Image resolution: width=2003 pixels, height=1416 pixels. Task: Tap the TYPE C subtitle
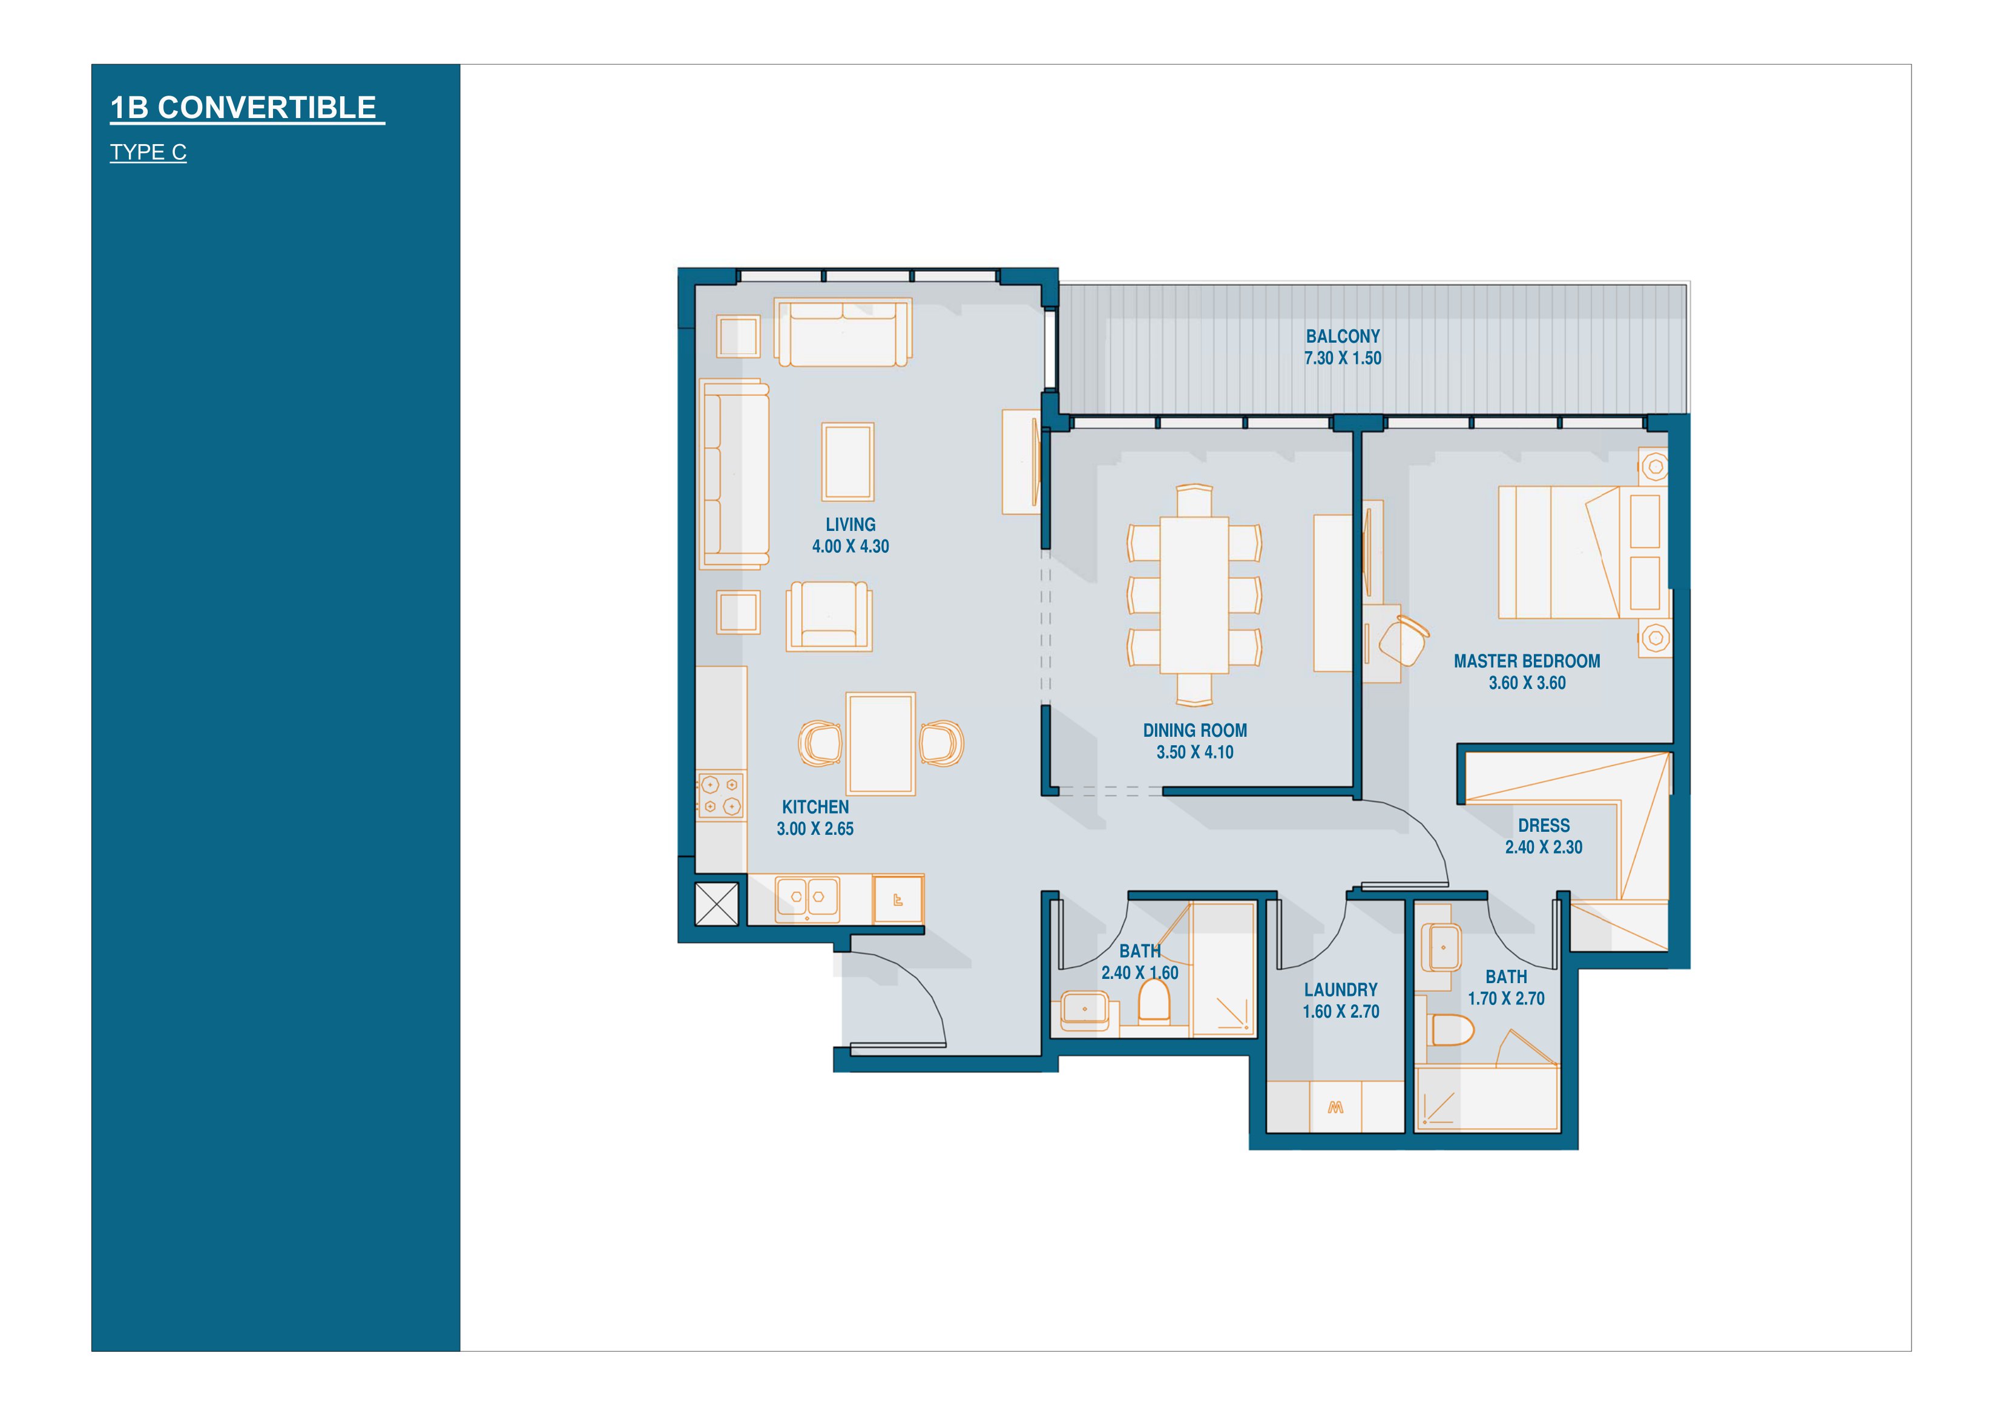[x=148, y=152]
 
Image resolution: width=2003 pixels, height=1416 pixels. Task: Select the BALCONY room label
[x=1343, y=336]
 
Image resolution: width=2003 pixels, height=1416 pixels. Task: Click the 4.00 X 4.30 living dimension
[x=850, y=546]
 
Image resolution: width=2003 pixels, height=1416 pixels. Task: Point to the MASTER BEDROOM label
[x=1527, y=661]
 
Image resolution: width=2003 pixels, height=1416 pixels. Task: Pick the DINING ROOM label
[x=1195, y=730]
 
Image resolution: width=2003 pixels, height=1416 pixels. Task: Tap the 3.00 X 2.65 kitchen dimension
[x=815, y=829]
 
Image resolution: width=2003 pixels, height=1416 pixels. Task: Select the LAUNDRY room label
[x=1341, y=989]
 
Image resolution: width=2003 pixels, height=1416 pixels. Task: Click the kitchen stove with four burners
[x=722, y=795]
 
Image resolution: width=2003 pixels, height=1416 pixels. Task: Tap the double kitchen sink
[x=808, y=898]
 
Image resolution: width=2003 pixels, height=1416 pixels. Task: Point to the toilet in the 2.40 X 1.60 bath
[x=1154, y=1001]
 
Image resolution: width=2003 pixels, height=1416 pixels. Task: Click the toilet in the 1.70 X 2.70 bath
[x=1453, y=1030]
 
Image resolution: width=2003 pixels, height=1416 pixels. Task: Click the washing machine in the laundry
[x=1335, y=1107]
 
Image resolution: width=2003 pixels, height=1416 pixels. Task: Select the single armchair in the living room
[x=829, y=616]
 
